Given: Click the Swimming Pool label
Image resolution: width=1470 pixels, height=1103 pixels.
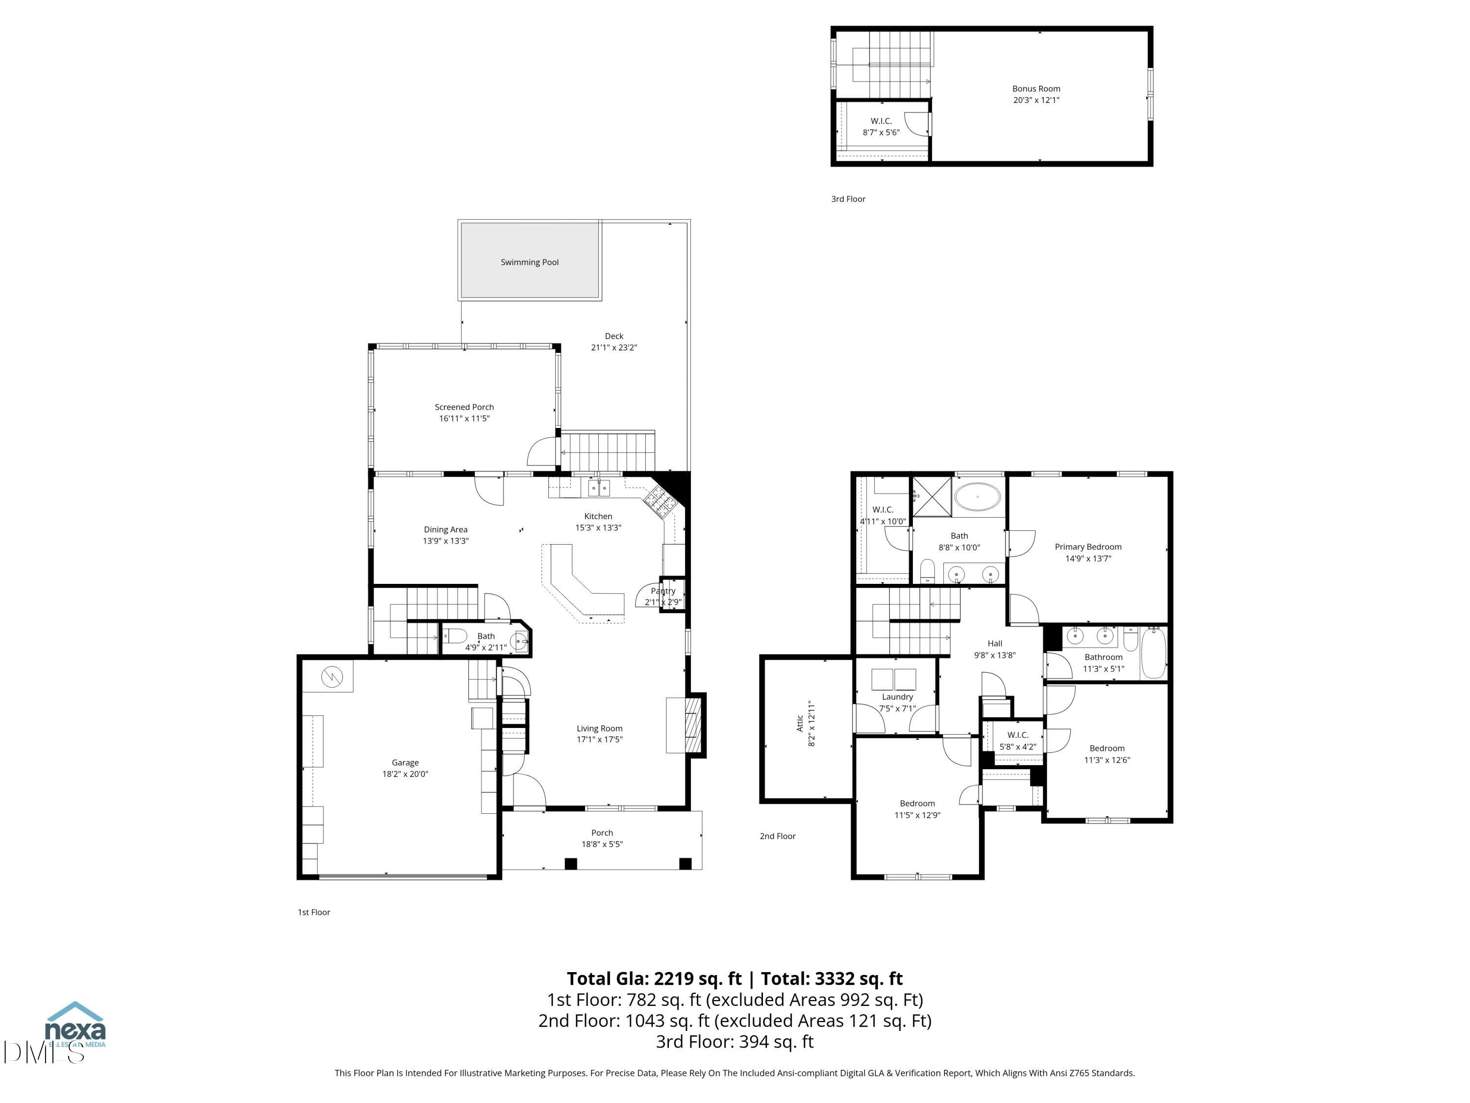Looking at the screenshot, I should tap(529, 262).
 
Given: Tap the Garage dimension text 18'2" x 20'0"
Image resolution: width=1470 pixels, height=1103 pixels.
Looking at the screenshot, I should tap(405, 774).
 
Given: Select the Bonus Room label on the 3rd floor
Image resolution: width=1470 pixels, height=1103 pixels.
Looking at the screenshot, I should tap(1035, 88).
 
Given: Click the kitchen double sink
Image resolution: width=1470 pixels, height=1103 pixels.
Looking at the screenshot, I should tap(598, 489).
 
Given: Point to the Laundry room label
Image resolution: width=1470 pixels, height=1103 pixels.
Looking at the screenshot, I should tap(897, 697).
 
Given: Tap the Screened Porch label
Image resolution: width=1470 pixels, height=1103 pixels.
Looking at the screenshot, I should tap(464, 407).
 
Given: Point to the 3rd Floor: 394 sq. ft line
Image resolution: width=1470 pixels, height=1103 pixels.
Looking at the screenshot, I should tap(735, 1041).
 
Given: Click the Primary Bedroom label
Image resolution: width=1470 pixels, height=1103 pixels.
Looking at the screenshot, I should tap(1087, 547).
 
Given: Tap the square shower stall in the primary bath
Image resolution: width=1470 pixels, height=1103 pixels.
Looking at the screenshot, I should tap(931, 496).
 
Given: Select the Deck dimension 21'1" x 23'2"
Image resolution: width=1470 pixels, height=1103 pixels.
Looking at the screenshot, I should tap(613, 347).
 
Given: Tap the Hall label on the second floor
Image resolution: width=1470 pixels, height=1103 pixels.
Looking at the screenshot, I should tap(994, 643).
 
